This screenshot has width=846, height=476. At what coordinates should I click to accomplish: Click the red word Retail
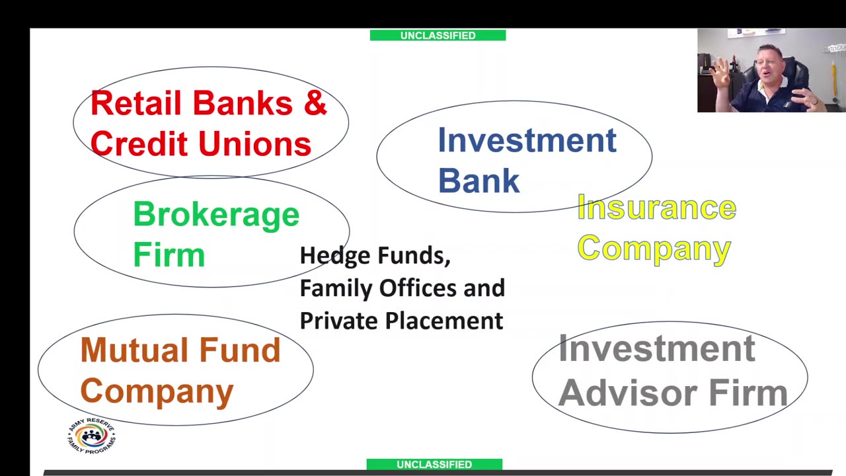click(136, 103)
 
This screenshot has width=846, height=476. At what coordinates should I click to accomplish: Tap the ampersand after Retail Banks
click(314, 103)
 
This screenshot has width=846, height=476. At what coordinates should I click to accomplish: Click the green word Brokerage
click(215, 215)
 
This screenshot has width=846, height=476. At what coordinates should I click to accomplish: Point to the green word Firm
click(169, 255)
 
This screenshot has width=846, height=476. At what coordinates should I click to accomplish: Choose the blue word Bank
click(479, 180)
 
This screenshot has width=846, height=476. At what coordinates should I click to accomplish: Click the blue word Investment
click(527, 140)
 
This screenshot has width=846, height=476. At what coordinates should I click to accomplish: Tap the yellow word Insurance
click(656, 208)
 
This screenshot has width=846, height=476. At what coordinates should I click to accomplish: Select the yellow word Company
click(654, 249)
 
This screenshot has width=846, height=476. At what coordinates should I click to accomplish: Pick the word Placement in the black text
click(443, 321)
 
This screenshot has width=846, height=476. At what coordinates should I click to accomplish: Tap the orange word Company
click(157, 391)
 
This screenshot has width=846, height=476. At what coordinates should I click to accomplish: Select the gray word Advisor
click(629, 393)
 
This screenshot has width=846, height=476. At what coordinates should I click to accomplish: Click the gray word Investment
click(656, 348)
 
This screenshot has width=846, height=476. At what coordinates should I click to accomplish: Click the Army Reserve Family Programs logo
click(91, 436)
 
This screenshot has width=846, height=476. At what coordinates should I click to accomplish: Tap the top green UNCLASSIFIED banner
click(438, 35)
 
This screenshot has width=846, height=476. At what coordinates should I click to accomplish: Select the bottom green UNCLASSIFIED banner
click(434, 464)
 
